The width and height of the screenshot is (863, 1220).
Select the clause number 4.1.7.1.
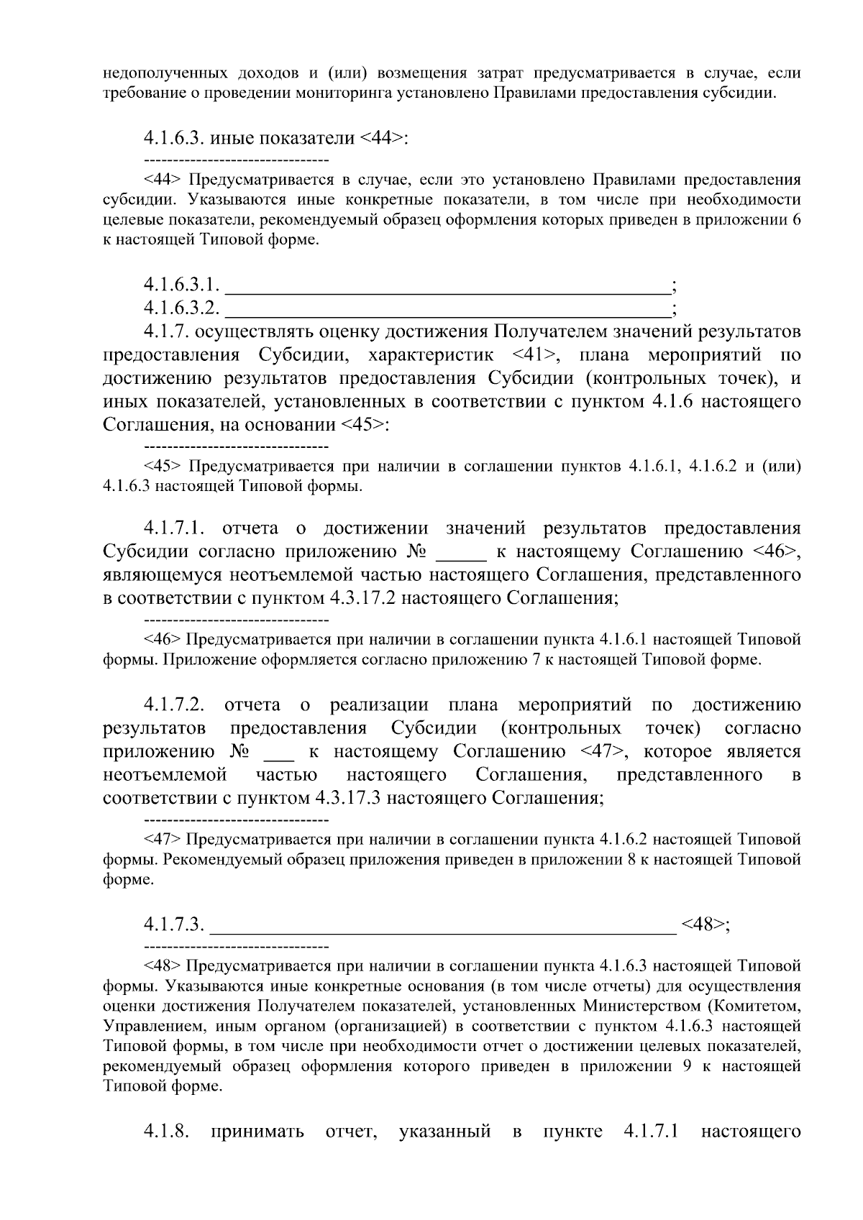175,528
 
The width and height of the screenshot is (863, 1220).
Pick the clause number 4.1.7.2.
175,705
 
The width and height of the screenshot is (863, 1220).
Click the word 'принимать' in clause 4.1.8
257,1132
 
